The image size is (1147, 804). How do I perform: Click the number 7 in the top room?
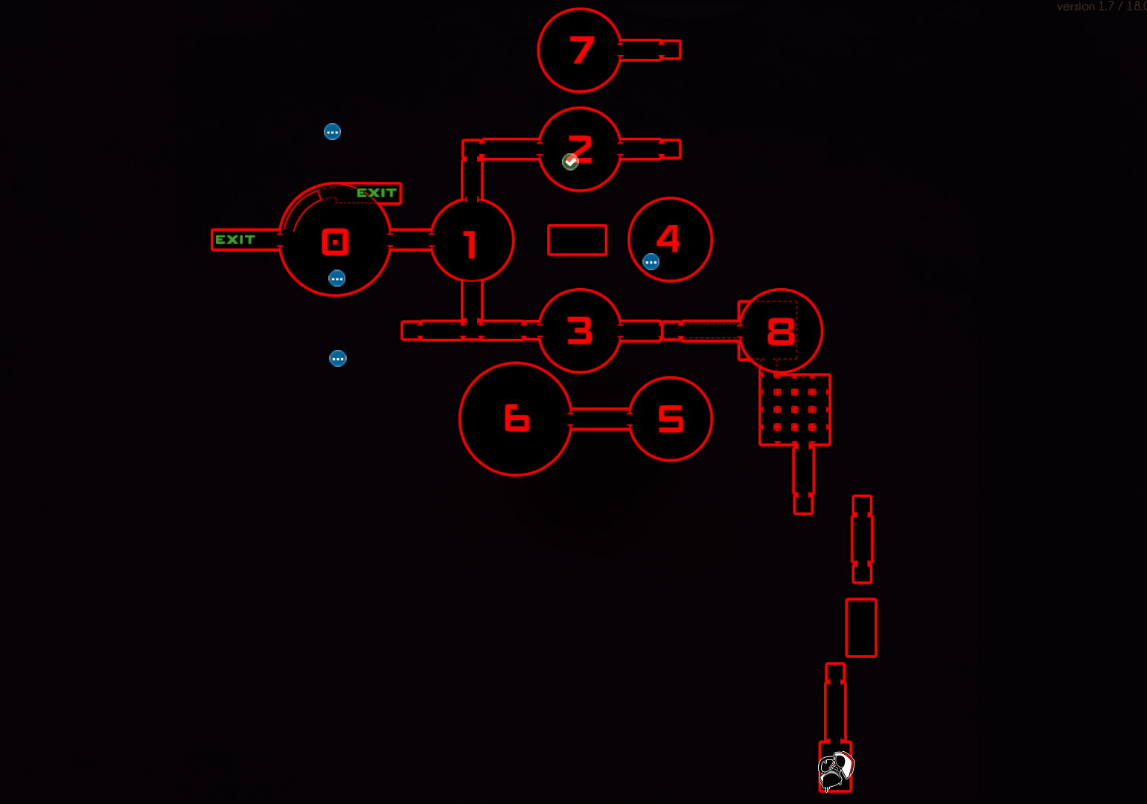coord(581,51)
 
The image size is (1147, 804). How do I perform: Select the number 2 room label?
coord(581,148)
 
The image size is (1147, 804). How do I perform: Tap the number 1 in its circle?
coord(470,244)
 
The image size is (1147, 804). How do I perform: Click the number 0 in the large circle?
coord(335,242)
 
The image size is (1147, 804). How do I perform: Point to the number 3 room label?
coord(580,331)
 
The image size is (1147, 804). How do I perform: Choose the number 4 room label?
coord(668,238)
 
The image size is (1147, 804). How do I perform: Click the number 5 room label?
coord(671,418)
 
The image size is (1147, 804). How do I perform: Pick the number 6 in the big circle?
coord(517,418)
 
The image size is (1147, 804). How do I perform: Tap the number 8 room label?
coord(781,331)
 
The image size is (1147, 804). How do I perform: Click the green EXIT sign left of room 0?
coord(235,240)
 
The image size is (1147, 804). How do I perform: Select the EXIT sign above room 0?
coord(377,193)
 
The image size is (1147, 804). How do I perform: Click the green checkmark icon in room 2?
coord(570,162)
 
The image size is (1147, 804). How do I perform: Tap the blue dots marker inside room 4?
coord(651,262)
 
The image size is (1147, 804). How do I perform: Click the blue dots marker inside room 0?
coord(337,278)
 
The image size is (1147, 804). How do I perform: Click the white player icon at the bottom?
coord(835,770)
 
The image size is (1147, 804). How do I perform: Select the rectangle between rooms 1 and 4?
coord(577,240)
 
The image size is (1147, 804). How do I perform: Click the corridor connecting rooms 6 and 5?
coord(600,418)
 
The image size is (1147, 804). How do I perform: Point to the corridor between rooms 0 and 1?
coord(411,240)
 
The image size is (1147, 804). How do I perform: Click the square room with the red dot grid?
coord(794,409)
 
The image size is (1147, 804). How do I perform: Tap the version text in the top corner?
coord(1100,7)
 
